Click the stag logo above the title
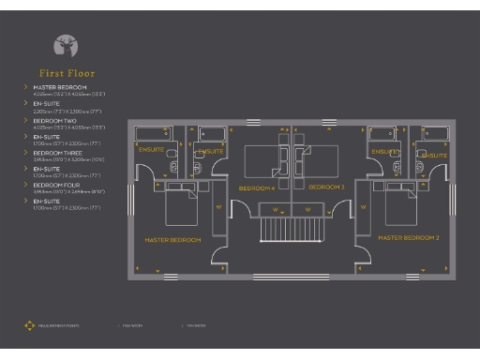tap(66, 44)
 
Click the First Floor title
tap(67, 73)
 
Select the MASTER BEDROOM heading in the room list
tap(59, 87)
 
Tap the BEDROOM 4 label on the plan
tap(257, 188)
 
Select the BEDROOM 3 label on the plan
tap(327, 188)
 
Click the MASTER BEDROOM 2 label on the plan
tap(409, 238)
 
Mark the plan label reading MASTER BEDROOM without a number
tap(173, 240)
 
